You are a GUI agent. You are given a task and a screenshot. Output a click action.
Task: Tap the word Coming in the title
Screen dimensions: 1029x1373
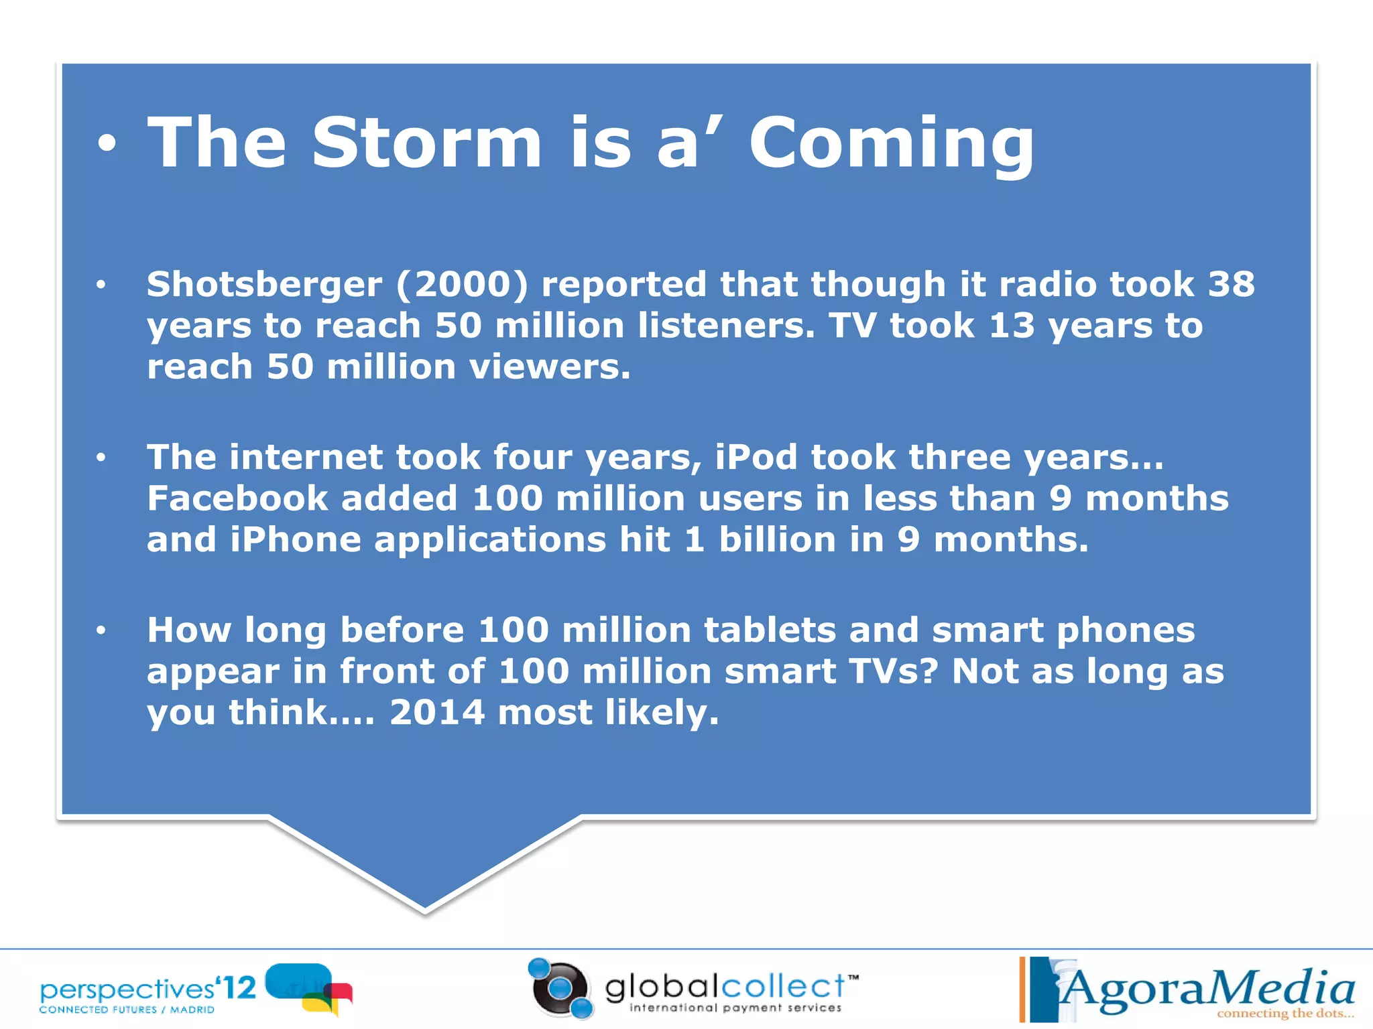coord(892,144)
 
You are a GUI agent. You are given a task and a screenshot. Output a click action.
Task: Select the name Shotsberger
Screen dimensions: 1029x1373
coord(264,285)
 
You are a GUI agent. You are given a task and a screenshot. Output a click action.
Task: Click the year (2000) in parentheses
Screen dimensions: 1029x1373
coord(462,285)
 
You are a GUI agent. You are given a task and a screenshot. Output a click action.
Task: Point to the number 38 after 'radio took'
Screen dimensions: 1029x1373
coord(1231,284)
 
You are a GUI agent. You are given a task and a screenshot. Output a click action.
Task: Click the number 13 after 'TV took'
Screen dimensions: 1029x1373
coord(1012,326)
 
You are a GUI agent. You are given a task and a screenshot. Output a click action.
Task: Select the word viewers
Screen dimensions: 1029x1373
coord(550,367)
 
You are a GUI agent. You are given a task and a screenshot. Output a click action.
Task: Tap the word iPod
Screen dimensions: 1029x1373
coord(756,458)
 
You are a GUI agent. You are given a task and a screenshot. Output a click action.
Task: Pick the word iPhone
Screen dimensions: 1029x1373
coord(296,540)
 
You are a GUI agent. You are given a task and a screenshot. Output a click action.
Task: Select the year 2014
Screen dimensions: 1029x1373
coord(437,712)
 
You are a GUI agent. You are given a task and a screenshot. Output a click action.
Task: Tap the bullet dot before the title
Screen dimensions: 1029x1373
coord(107,144)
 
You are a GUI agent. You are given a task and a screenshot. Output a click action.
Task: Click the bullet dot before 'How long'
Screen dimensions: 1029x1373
coord(101,630)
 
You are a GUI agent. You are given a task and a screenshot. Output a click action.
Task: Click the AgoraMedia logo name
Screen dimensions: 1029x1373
coord(1207,989)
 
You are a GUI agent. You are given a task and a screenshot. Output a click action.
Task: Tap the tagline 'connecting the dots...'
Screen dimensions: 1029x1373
coord(1285,1014)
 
